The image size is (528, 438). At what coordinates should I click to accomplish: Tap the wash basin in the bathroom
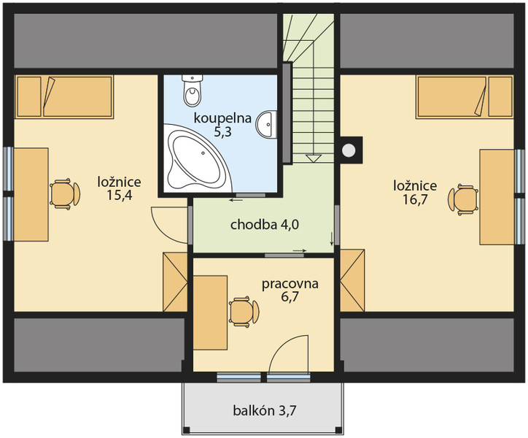(x=267, y=124)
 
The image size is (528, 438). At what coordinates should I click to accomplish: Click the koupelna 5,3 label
(x=222, y=125)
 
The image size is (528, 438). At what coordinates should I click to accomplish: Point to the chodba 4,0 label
(x=264, y=225)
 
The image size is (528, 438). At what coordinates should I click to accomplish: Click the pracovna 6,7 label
(x=290, y=291)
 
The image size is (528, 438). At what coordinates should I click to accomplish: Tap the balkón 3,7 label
(x=264, y=410)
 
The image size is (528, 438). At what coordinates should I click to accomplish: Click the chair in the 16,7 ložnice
(x=463, y=199)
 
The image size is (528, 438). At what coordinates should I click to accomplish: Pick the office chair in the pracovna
(x=244, y=312)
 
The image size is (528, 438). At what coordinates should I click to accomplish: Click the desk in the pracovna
(x=210, y=312)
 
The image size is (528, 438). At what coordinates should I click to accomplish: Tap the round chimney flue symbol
(x=349, y=150)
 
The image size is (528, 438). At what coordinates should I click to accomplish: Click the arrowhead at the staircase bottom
(x=313, y=158)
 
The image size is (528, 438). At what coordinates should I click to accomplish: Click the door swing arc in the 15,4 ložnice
(x=169, y=225)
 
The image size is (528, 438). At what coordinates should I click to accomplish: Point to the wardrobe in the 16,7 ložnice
(x=352, y=280)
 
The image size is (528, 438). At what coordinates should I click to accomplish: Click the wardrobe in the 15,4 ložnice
(x=175, y=282)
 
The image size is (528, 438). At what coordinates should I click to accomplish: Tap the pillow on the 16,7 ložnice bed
(x=501, y=97)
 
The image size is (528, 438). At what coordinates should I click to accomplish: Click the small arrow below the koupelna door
(x=236, y=201)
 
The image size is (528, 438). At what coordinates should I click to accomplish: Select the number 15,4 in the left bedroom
(x=119, y=195)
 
